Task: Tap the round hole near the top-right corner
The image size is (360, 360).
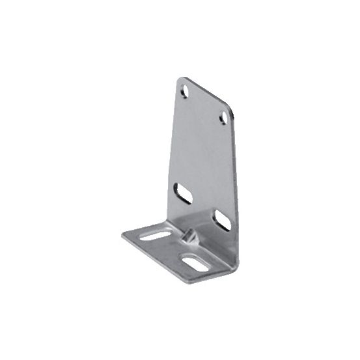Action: tap(225, 117)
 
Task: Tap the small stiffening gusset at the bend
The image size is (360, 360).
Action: tap(189, 236)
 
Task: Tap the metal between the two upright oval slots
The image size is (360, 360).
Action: tap(202, 206)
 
